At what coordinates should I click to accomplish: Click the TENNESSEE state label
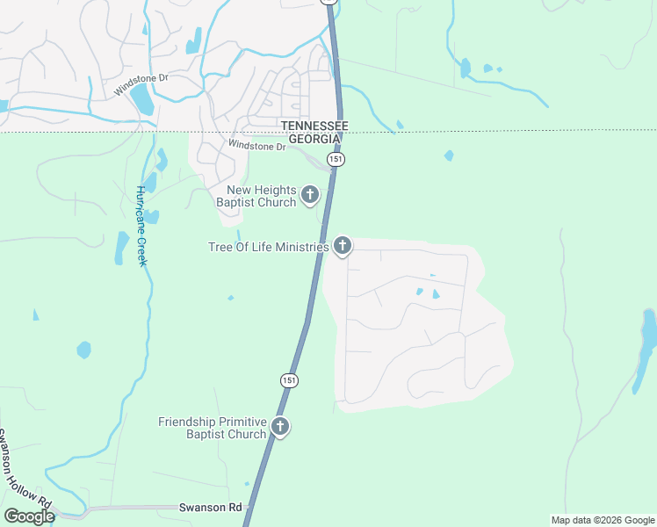point(314,126)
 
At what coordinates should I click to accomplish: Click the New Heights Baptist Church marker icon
point(309,194)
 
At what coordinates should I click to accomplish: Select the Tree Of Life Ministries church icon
point(343,246)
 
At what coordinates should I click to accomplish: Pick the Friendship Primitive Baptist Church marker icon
point(280,427)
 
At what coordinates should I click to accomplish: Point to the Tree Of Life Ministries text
point(268,248)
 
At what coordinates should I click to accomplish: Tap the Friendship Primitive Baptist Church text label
point(212,428)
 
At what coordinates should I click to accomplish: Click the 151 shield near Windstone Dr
point(336,159)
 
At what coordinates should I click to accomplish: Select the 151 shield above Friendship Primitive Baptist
point(290,380)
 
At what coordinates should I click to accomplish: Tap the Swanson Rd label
point(210,508)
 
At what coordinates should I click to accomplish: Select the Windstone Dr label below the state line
point(256,146)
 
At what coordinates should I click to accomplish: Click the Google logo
point(29,516)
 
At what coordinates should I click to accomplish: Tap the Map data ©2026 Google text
point(603,520)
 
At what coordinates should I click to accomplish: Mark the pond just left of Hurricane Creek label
point(121,247)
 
